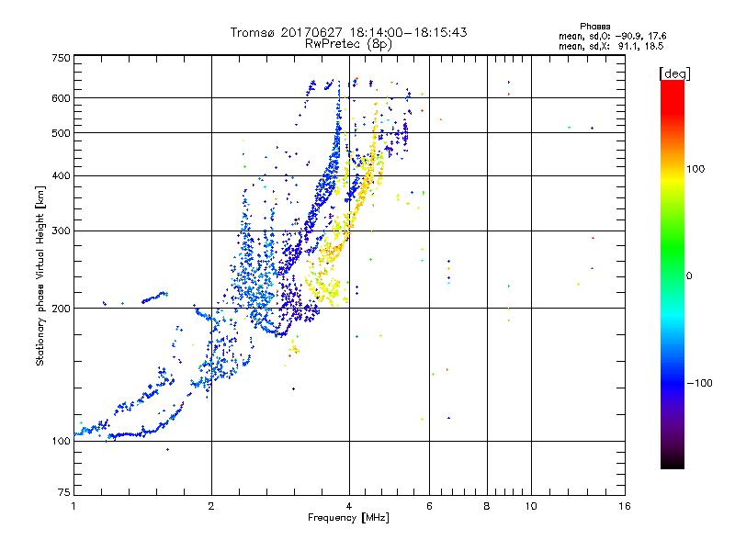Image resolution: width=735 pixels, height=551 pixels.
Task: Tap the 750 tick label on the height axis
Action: (62, 58)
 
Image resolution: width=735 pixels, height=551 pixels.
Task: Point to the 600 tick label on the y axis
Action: (62, 98)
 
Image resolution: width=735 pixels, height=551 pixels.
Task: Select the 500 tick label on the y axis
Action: (62, 133)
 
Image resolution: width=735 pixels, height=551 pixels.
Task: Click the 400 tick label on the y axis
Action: (62, 175)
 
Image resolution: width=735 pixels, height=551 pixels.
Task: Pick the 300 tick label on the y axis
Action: (62, 231)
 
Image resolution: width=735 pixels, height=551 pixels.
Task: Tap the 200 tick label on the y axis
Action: (62, 308)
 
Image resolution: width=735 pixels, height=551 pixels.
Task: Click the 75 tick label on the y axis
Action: (64, 493)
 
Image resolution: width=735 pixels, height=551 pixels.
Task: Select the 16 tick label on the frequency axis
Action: (625, 506)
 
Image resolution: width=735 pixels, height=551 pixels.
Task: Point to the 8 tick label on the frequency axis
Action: (487, 506)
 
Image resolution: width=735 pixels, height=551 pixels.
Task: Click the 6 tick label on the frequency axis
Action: (429, 506)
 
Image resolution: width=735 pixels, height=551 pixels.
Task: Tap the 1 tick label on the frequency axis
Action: (73, 506)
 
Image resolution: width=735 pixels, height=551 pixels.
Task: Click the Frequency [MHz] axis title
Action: (348, 519)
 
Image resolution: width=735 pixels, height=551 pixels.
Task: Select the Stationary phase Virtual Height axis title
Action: (40, 275)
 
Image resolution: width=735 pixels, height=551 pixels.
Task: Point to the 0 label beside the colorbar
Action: (688, 275)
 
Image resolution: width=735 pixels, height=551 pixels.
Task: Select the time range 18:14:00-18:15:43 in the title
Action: (399, 32)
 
